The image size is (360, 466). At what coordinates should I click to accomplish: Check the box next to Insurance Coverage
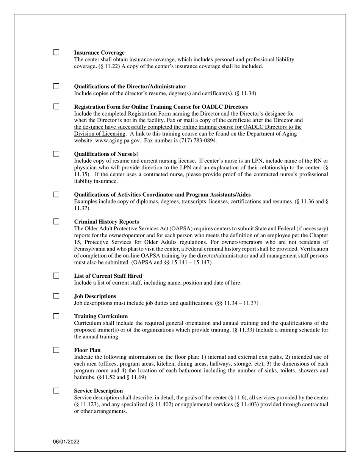56,53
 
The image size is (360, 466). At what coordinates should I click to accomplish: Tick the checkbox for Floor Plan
56,350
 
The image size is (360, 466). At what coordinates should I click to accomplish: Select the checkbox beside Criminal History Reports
56,222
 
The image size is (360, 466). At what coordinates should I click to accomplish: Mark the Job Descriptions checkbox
56,296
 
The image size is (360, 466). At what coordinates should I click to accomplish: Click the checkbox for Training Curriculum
56,316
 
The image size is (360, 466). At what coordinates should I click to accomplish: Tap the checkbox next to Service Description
56,391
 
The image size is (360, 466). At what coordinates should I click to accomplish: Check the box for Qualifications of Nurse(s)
56,154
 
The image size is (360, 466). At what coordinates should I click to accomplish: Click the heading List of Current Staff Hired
108,276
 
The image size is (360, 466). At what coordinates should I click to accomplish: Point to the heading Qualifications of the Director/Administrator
130,86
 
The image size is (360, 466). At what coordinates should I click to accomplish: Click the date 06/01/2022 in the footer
66,442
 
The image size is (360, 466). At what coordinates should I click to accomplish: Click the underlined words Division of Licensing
100,134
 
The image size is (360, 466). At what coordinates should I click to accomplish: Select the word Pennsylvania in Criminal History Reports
91,249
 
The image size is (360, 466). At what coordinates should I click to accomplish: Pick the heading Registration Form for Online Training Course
161,107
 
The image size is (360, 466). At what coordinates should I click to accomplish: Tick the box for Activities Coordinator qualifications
56,194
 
